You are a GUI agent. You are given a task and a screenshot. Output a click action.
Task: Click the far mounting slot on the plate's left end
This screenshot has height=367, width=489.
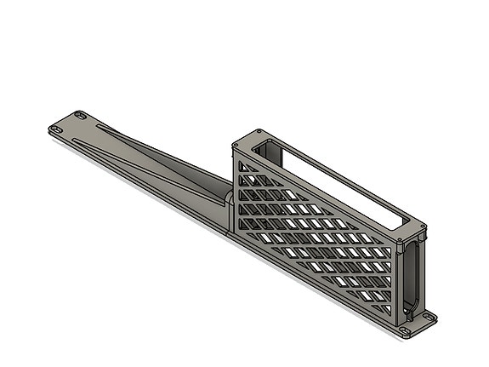coord(80,114)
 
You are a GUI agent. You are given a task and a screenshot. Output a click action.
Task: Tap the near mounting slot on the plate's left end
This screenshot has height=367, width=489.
coord(56,129)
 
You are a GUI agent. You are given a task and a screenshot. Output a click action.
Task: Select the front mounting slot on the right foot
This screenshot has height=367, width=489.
coord(407,330)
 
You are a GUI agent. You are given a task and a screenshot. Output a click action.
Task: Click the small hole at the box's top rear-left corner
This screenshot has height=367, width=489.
coord(259,133)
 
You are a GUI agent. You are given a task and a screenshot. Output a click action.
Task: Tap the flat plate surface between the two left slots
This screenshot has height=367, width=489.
coord(68,123)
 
